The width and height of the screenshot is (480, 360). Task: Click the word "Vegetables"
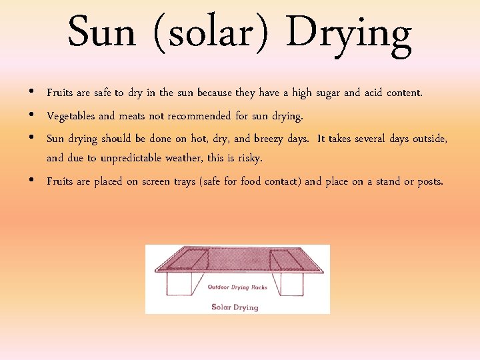tap(71, 117)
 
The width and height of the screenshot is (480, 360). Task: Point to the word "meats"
tap(132, 116)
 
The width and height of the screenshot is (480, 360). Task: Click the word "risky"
tap(250, 159)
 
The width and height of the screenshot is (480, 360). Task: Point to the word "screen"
tap(157, 181)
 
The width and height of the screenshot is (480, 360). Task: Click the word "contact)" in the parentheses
tap(279, 181)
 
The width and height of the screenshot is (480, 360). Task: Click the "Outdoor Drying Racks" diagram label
tap(237, 287)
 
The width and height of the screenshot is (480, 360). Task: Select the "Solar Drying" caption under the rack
tap(235, 307)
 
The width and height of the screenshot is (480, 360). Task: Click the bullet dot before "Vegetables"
tap(33, 115)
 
